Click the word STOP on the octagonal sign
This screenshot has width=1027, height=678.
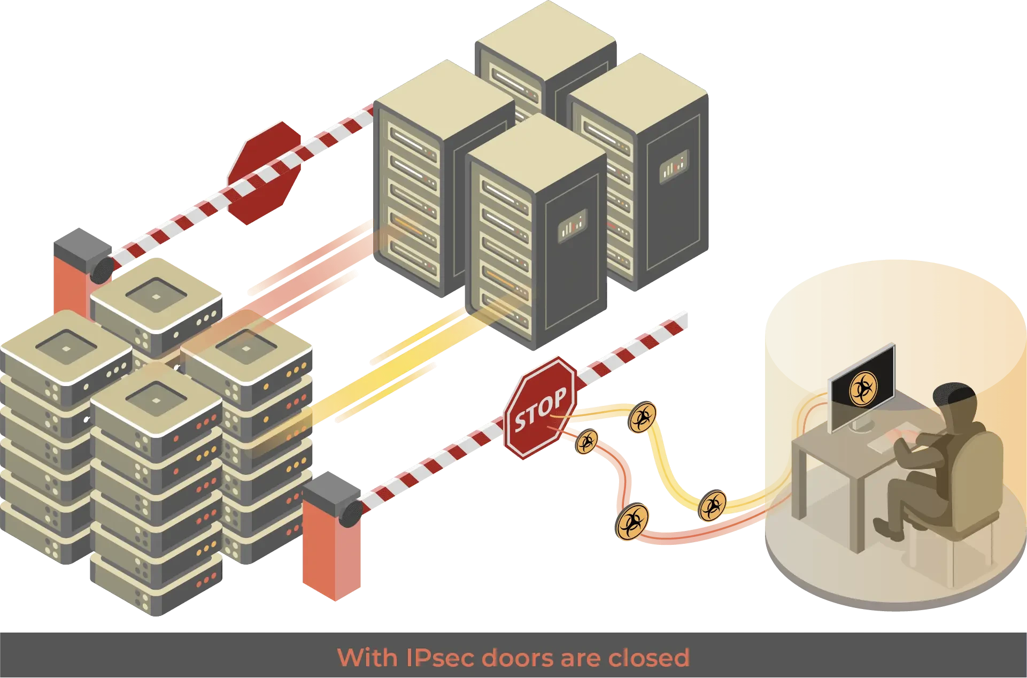pyautogui.click(x=540, y=410)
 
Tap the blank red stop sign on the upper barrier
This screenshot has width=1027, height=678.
pyautogui.click(x=266, y=171)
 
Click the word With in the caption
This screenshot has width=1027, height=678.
pyautogui.click(x=368, y=657)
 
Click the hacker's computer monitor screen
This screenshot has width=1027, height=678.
pyautogui.click(x=861, y=386)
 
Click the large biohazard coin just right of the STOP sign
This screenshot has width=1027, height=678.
pyautogui.click(x=642, y=418)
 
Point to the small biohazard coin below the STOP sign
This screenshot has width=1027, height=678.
pyautogui.click(x=587, y=442)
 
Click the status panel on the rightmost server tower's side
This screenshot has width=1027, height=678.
pyautogui.click(x=673, y=167)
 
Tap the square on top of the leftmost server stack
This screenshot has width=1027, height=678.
pyautogui.click(x=66, y=348)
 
